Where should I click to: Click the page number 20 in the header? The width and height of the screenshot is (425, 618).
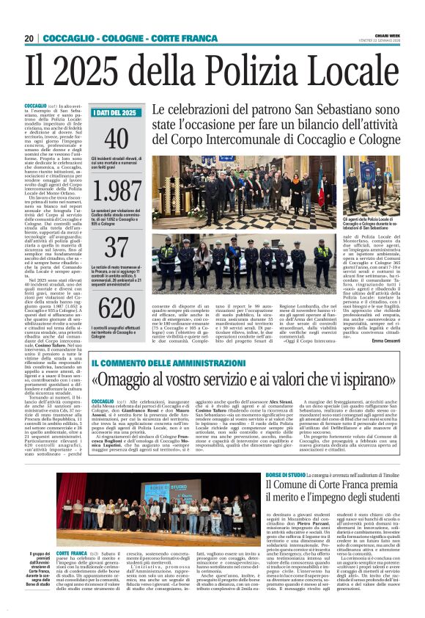point(29,38)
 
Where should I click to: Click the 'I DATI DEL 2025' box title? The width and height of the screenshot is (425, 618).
point(115,113)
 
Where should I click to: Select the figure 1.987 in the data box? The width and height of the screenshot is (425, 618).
point(117,192)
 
